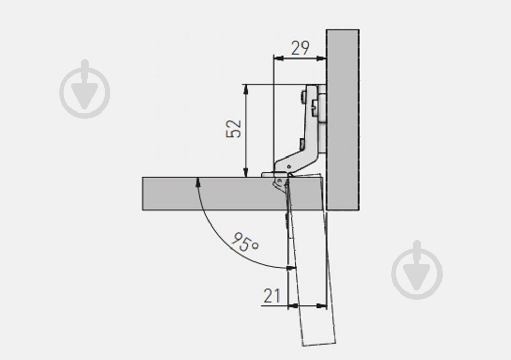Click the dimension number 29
pyautogui.click(x=300, y=48)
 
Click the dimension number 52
pyautogui.click(x=234, y=128)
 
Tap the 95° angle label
pyautogui.click(x=245, y=242)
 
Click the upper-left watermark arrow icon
pyautogui.click(x=85, y=88)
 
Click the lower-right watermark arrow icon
pyautogui.click(x=417, y=270)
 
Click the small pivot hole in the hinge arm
pyautogui.click(x=289, y=167)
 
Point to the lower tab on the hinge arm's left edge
pyautogui.click(x=302, y=143)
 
